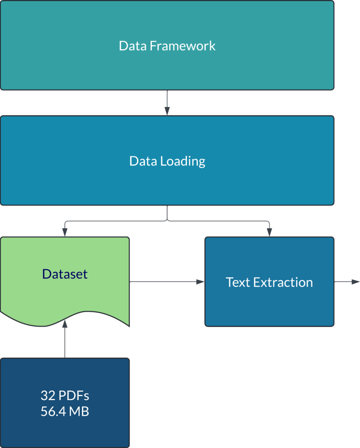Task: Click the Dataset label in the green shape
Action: tap(65, 274)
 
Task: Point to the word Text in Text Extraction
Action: tap(238, 282)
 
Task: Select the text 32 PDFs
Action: tap(65, 396)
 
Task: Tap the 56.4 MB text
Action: tap(65, 412)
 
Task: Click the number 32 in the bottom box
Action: tap(48, 396)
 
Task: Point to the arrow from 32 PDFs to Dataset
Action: tap(65, 340)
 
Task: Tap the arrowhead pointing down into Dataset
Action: tap(65, 232)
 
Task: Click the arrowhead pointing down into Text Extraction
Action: tap(269, 232)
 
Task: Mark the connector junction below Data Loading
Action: tap(167, 220)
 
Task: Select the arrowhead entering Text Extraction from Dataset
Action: tap(201, 282)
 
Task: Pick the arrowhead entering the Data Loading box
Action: tap(167, 112)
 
